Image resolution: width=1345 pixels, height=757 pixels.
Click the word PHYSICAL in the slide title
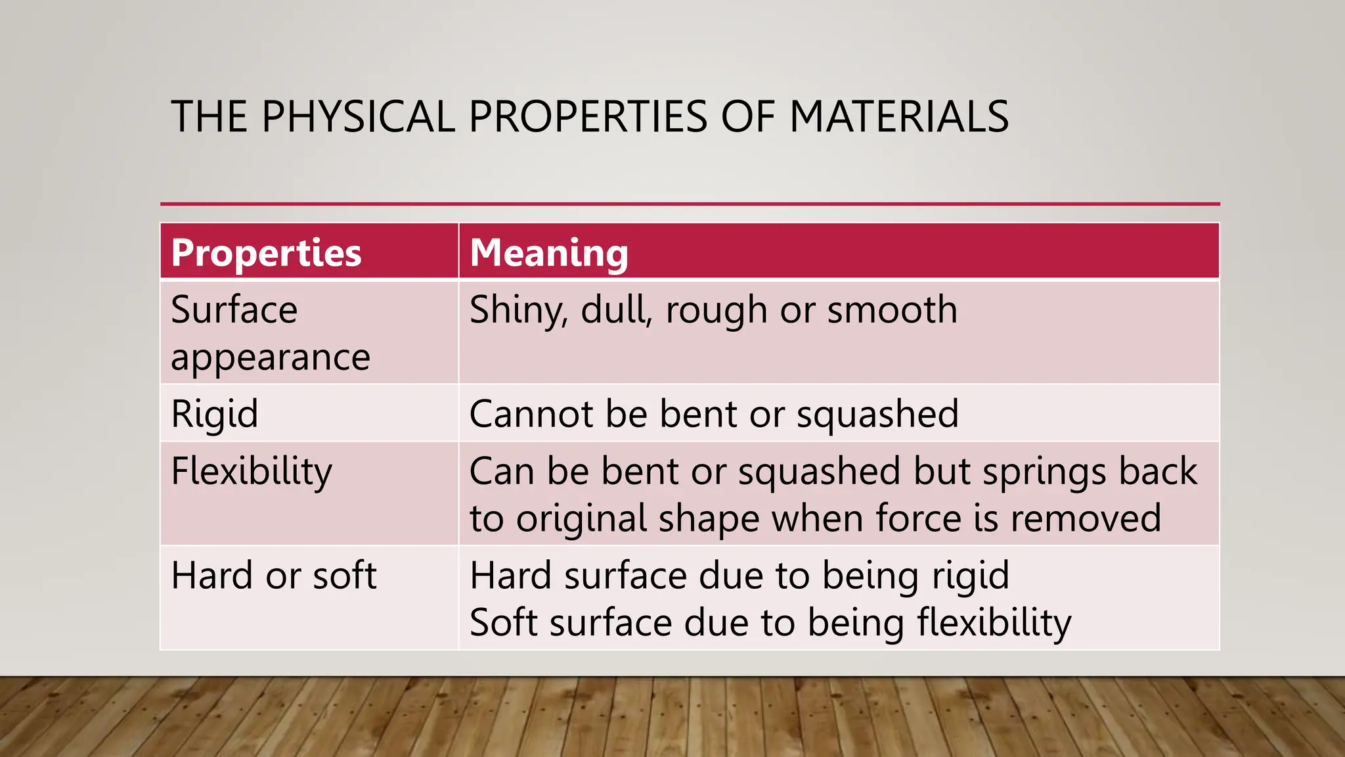[x=358, y=117]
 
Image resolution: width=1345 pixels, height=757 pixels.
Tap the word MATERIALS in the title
[x=898, y=117]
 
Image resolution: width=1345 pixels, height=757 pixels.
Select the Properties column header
[x=266, y=253]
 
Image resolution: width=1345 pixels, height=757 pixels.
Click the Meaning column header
[x=549, y=253]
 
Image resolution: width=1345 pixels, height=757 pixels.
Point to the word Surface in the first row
[x=234, y=310]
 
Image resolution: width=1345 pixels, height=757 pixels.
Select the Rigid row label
[x=214, y=415]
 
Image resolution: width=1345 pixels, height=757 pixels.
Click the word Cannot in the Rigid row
[x=531, y=415]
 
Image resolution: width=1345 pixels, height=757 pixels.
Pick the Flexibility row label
[x=252, y=472]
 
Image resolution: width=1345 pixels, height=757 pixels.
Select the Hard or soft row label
[x=273, y=576]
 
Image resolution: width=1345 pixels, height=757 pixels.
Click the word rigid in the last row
[x=971, y=576]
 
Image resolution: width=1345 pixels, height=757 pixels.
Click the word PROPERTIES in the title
[x=588, y=117]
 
